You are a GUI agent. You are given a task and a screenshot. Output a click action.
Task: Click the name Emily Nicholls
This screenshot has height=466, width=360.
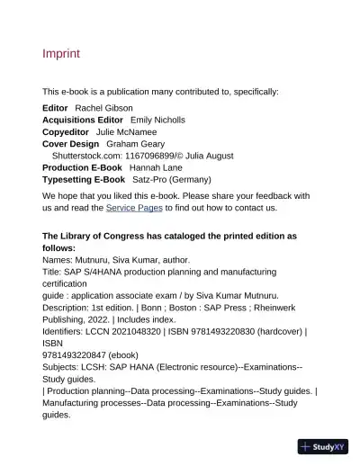[x=157, y=120]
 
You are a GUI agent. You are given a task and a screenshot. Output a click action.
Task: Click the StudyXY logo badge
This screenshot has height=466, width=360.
[x=322, y=446]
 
